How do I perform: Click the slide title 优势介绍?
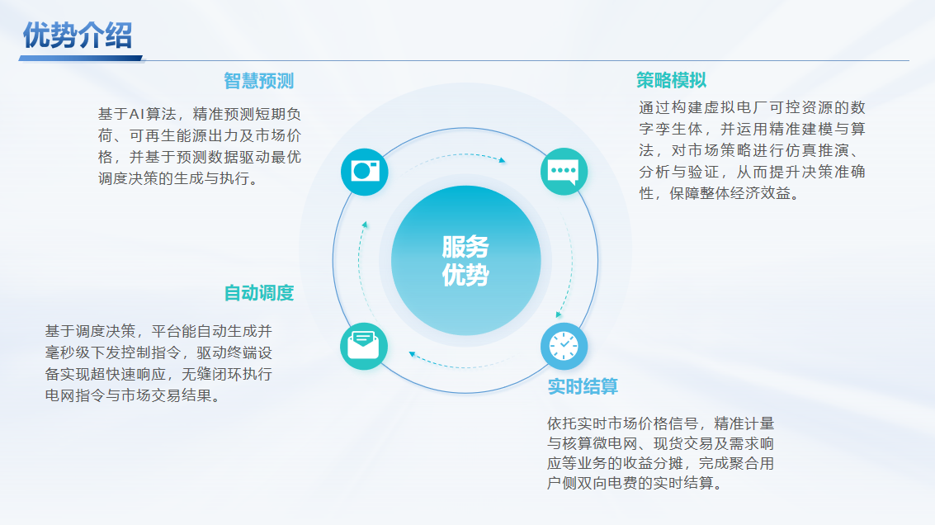pos(77,35)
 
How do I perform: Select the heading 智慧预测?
pos(259,81)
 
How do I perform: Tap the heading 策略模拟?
pos(672,80)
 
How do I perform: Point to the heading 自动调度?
pos(259,293)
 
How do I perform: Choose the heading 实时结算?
pos(583,386)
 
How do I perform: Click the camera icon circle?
pos(364,172)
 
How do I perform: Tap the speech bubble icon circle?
pos(564,172)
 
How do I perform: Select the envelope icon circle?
pos(364,346)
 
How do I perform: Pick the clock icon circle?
pos(564,346)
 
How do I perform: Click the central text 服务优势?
pos(465,261)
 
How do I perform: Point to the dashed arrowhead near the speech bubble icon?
pos(503,160)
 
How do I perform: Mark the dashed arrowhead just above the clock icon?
pos(558,315)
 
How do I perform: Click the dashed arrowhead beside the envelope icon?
pos(412,354)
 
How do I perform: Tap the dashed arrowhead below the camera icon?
pos(364,225)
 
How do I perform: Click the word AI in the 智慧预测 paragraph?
pos(137,114)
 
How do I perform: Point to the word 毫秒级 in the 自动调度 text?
pos(68,352)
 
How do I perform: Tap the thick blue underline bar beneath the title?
pos(81,59)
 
